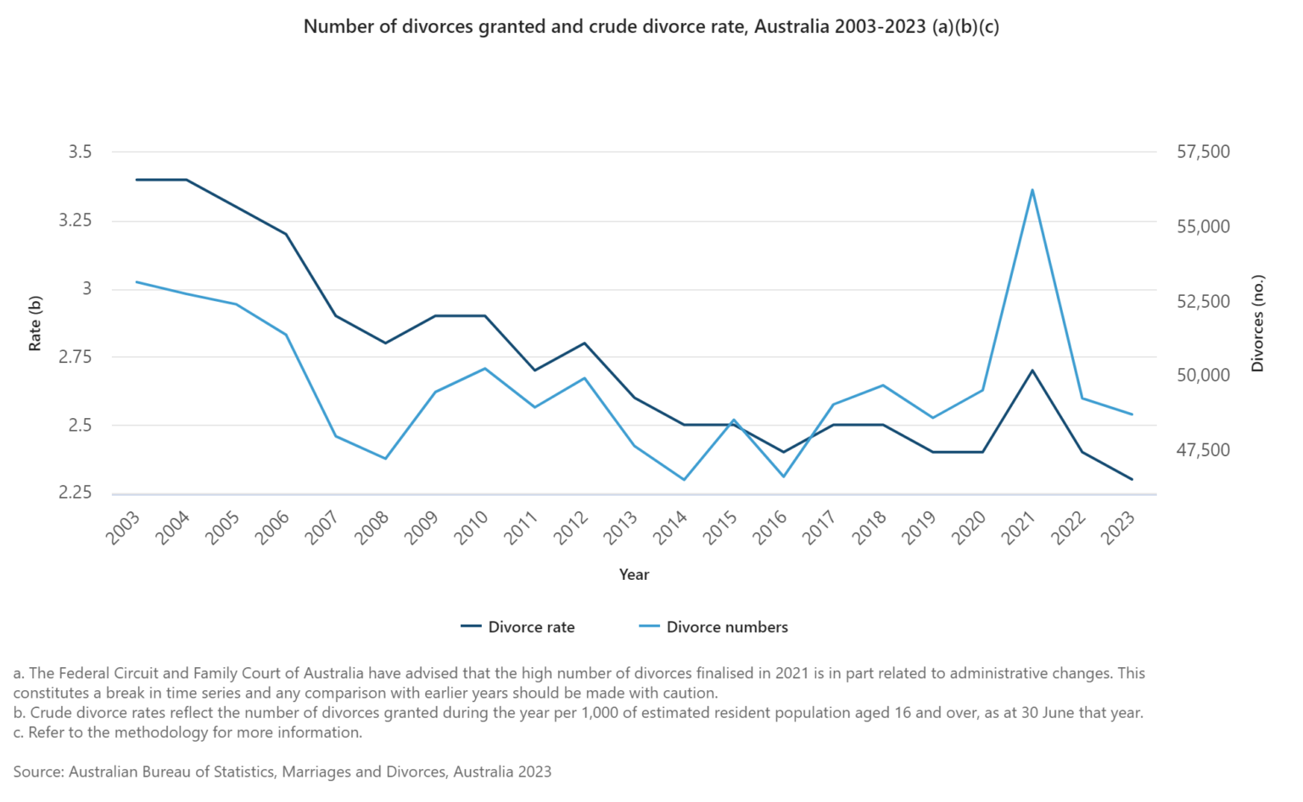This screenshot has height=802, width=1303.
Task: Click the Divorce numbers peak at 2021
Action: coord(1032,190)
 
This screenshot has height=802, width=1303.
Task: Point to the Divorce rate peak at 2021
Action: coord(1032,370)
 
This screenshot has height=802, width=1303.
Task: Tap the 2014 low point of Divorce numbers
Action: coord(684,480)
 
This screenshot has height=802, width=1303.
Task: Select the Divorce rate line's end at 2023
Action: coord(1132,480)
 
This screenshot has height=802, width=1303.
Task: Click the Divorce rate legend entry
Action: coord(518,627)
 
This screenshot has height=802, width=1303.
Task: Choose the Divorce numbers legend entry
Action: coord(713,627)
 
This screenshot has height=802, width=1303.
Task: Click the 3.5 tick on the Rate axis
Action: coord(80,153)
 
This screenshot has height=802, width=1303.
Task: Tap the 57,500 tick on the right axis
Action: coord(1203,153)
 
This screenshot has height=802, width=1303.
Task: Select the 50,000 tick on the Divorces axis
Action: coord(1203,376)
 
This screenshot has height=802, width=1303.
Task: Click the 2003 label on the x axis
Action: coord(123,528)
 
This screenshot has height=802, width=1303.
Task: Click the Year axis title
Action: coord(634,575)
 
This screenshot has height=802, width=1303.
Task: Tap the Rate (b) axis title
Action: coord(35,323)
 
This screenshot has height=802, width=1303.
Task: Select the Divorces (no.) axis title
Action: coord(1257,323)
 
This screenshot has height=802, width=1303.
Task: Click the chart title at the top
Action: coord(651,27)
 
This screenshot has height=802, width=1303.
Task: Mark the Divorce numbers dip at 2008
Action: coord(386,459)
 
